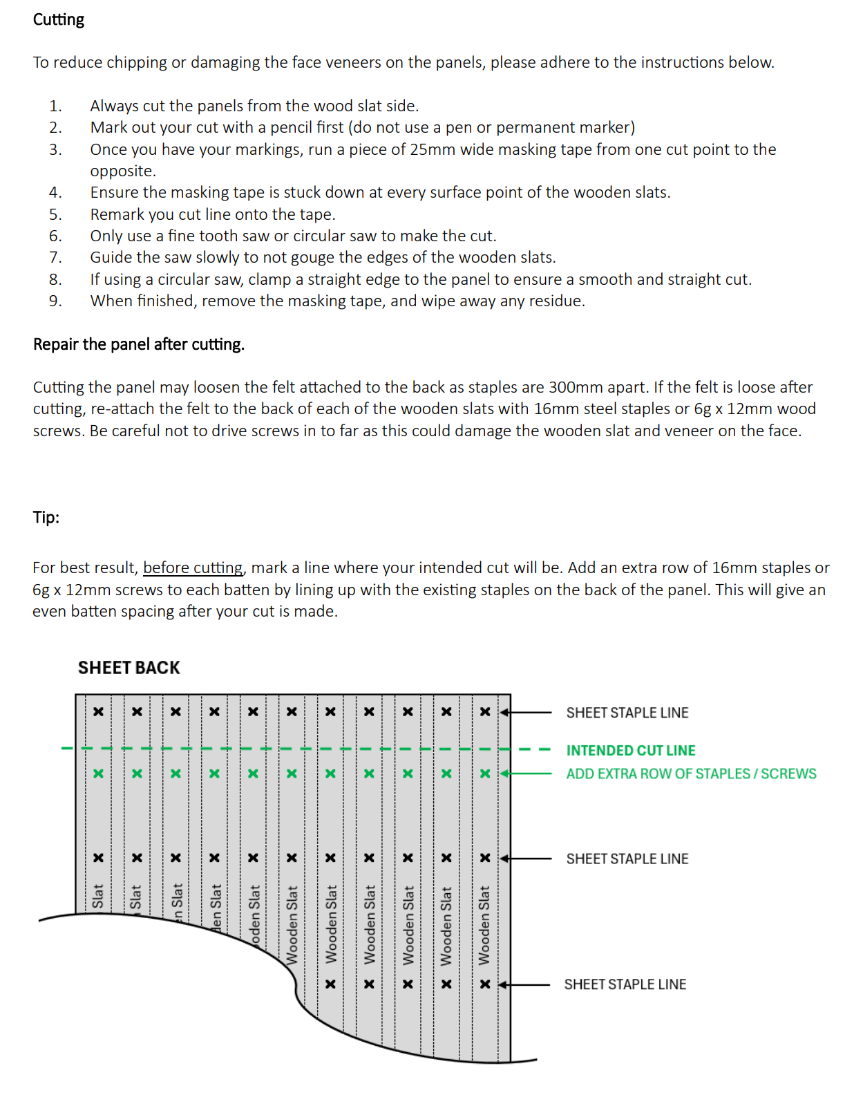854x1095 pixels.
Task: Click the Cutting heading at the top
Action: pos(59,19)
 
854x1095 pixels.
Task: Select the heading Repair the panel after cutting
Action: pos(139,344)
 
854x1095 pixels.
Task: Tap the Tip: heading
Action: pos(46,517)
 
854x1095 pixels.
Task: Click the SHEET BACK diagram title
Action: pos(129,668)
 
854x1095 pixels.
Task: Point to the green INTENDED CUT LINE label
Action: pos(631,751)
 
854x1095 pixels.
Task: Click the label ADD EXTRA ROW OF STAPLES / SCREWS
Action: pos(691,774)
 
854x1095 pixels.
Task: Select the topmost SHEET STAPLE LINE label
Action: pos(627,713)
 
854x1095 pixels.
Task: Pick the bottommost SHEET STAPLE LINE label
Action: pos(625,984)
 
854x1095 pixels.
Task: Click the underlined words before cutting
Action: pos(193,568)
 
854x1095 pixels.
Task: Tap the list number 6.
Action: pos(55,236)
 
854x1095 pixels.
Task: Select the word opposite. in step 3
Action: pos(123,171)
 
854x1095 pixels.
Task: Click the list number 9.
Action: pos(55,301)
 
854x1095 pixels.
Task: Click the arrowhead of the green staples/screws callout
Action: pos(504,774)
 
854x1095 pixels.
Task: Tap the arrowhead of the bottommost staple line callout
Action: pos(504,984)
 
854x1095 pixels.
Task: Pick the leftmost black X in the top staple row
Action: pos(99,712)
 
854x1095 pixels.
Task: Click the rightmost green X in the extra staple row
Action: pos(485,774)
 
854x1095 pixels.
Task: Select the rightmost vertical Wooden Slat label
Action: pos(484,925)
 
